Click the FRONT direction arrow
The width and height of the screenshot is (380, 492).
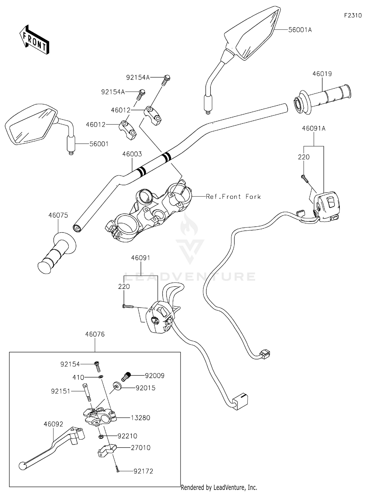34,40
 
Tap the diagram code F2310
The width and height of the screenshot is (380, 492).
353,15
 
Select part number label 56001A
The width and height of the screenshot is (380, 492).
300,30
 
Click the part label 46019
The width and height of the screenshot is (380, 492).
322,74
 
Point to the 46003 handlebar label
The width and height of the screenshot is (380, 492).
132,154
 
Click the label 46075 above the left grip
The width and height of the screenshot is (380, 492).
58,215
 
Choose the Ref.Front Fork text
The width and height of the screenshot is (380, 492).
233,196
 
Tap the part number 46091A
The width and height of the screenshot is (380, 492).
314,128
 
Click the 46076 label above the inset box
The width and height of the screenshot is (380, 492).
95,334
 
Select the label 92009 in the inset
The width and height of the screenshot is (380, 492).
155,376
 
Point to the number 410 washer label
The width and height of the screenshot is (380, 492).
78,378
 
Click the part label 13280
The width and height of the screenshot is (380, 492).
140,418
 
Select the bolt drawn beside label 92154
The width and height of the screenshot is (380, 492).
97,366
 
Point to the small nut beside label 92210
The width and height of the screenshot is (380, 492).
100,436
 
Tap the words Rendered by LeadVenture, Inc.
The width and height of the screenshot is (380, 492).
219,487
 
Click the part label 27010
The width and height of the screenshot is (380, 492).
141,448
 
